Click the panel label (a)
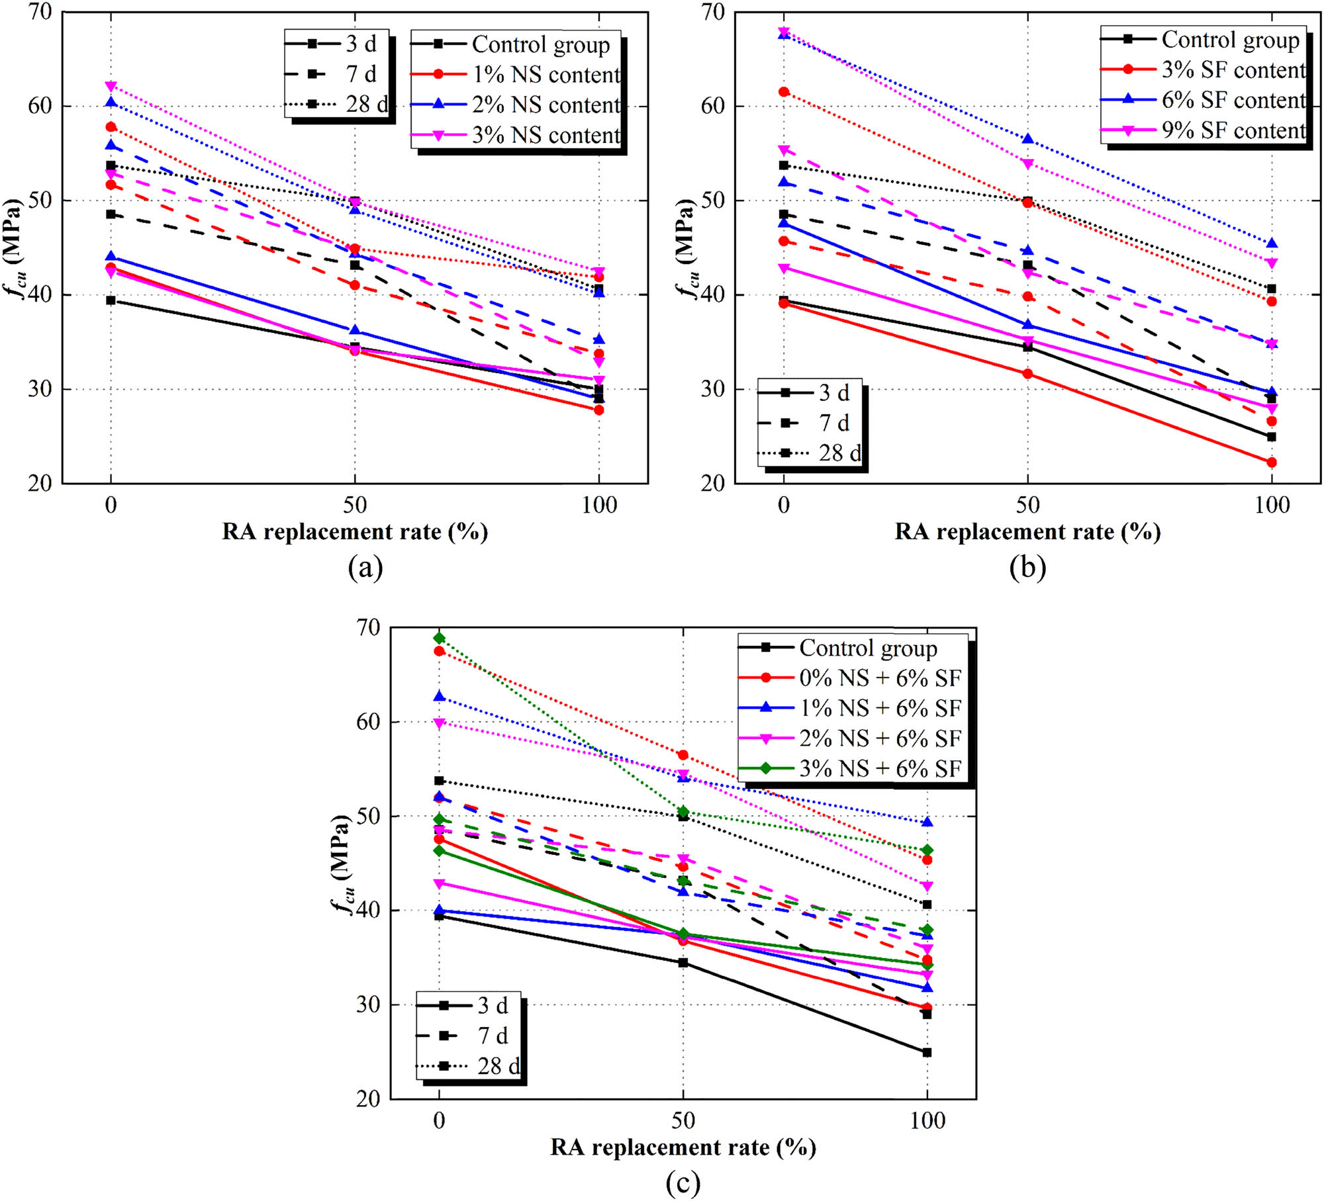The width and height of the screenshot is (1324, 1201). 365,567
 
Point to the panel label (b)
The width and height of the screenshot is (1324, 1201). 1027,567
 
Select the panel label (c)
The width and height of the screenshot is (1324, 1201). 683,1182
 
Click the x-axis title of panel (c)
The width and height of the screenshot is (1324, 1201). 683,1147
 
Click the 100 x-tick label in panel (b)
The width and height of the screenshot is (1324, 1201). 1272,506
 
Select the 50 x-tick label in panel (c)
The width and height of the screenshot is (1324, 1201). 683,1121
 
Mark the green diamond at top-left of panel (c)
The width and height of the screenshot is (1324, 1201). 439,638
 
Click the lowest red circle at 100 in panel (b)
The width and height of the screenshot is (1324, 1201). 1272,463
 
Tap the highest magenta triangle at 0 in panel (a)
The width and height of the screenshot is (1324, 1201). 111,86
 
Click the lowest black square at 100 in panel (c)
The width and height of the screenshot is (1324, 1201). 927,1052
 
